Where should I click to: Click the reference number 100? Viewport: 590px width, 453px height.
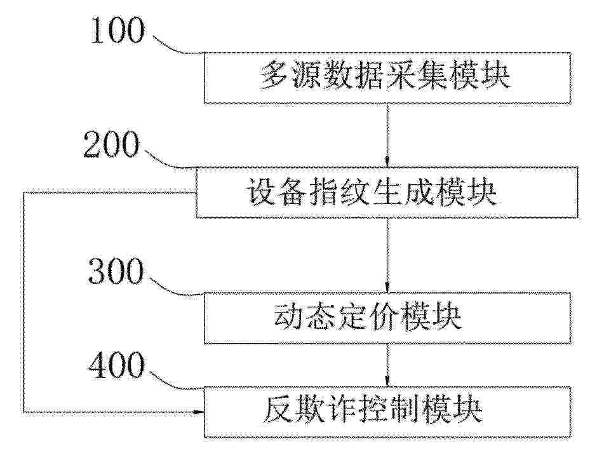click(117, 30)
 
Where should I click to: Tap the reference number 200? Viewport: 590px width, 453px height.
click(111, 145)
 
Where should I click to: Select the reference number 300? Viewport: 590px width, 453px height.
click(116, 271)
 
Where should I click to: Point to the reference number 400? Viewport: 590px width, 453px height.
click(116, 365)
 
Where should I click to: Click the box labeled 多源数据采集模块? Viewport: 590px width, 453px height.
click(387, 78)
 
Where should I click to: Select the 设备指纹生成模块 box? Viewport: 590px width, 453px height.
click(386, 193)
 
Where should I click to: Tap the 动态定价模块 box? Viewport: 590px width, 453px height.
click(387, 318)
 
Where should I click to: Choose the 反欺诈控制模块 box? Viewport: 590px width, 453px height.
click(387, 412)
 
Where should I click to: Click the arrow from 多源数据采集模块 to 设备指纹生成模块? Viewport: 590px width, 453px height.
click(387, 135)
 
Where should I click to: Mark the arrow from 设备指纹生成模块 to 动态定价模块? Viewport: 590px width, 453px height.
click(387, 255)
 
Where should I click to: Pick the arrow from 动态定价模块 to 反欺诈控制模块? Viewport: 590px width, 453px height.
click(387, 365)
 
